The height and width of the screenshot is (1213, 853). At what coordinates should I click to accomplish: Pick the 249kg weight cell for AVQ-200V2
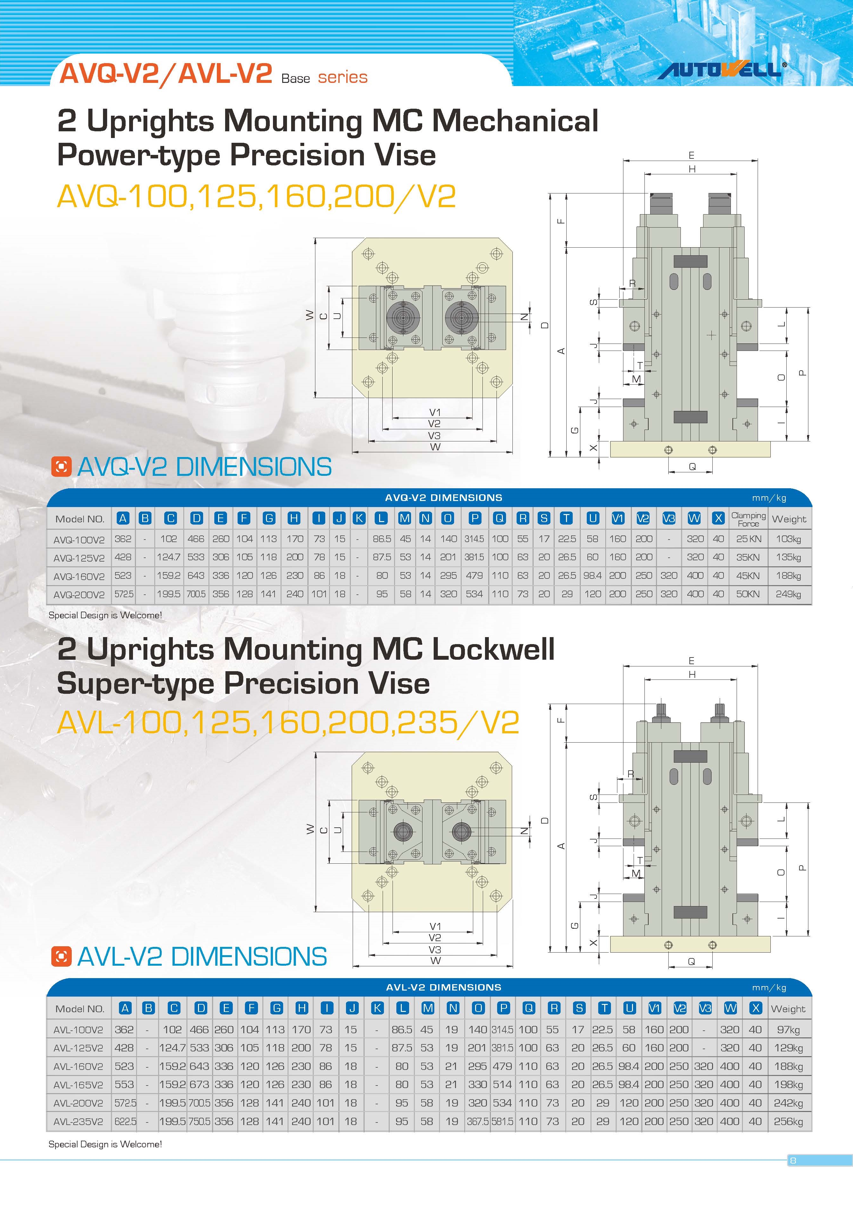[788, 594]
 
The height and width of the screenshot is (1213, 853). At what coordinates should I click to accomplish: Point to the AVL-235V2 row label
[78, 1122]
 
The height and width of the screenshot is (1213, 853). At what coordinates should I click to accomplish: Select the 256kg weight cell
[788, 1122]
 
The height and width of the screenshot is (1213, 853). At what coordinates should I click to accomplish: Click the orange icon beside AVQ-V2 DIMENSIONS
[61, 467]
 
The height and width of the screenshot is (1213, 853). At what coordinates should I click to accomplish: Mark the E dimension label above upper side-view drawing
[691, 155]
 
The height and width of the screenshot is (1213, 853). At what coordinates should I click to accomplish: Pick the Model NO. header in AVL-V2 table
[80, 1008]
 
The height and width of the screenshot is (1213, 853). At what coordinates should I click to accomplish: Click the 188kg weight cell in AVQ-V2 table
[788, 576]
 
